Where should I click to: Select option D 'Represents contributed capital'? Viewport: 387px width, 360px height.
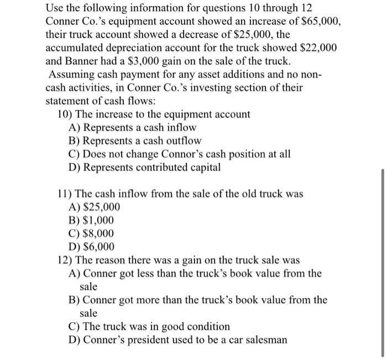click(151, 168)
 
